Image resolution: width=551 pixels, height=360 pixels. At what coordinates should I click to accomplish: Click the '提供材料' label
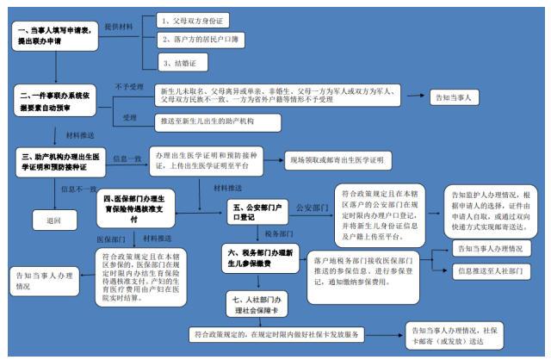click(x=118, y=27)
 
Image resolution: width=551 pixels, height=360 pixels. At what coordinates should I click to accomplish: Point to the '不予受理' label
click(x=129, y=86)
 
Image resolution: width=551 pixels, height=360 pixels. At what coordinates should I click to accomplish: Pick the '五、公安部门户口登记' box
click(x=257, y=212)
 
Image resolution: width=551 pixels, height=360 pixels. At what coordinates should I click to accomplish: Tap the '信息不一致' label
click(x=78, y=188)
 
